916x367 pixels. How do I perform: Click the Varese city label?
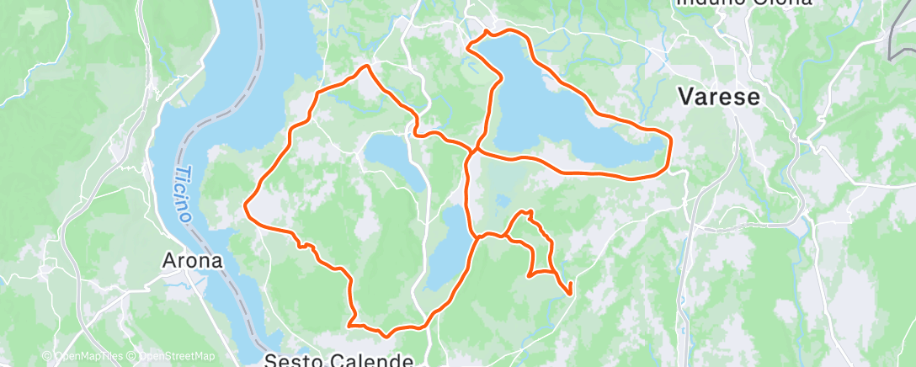tap(719, 97)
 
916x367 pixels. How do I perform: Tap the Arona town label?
tap(193, 261)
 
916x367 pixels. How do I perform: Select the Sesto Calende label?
tap(338, 360)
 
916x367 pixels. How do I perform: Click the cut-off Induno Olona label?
tap(743, 3)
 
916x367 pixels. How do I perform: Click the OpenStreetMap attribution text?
tap(173, 357)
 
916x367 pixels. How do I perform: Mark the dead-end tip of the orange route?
tap(571, 294)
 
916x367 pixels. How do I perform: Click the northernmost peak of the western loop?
tap(366, 66)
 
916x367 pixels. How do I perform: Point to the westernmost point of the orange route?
tap(245, 205)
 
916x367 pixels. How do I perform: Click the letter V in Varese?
tap(686, 97)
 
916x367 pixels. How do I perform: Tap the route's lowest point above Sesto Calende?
tap(386, 336)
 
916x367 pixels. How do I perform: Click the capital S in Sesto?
tap(270, 361)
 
